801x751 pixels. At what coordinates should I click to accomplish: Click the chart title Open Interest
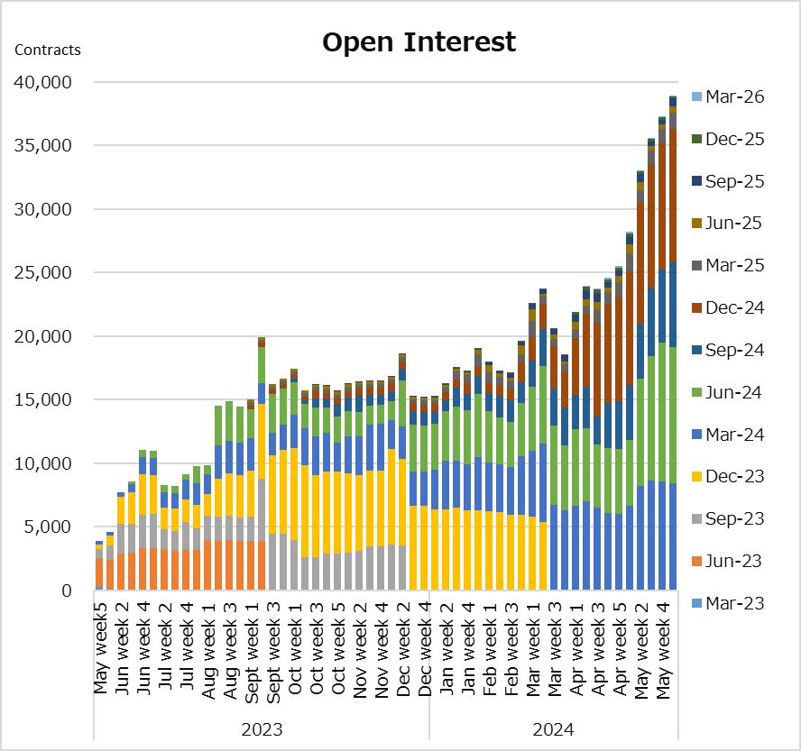(419, 43)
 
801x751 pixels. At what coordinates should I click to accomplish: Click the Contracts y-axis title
(48, 50)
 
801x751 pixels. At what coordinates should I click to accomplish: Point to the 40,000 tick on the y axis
(43, 82)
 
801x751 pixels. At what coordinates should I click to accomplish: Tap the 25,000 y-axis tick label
(43, 272)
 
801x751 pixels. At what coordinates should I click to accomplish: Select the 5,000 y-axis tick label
(48, 527)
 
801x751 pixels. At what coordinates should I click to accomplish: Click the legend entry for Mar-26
(728, 96)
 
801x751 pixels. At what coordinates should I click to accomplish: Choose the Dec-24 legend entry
(728, 307)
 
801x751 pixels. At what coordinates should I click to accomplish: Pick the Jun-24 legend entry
(726, 392)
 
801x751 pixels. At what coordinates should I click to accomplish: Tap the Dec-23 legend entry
(728, 476)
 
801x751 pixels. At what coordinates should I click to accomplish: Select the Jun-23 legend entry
(726, 561)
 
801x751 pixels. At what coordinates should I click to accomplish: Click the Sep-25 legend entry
(728, 181)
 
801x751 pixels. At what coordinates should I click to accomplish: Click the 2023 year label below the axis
(262, 729)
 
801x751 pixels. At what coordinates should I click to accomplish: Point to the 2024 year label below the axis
(553, 729)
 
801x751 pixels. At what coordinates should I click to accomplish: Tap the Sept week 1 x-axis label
(252, 653)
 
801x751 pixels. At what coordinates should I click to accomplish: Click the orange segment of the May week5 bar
(99, 572)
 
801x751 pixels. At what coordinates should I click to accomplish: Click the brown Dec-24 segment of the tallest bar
(673, 196)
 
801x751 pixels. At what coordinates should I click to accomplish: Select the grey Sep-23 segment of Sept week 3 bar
(272, 562)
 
